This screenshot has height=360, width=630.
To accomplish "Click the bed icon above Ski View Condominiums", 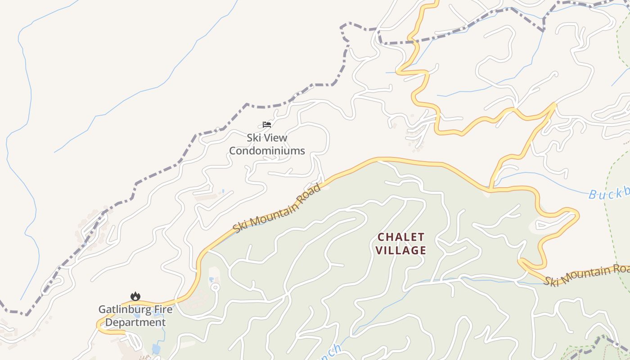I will pos(267,124).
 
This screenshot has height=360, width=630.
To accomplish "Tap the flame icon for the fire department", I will pos(135,296).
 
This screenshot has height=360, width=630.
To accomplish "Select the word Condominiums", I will pos(267,151).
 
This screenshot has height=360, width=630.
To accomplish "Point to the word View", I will pos(276,138).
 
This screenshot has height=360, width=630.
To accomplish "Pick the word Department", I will pos(135,323).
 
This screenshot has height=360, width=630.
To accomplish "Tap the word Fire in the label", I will pos(162,310).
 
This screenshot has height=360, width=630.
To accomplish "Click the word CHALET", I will pos(400,237).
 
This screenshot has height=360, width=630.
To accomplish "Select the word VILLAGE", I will pos(400,250).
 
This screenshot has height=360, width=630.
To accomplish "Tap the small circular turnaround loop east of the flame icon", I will pos(215,287).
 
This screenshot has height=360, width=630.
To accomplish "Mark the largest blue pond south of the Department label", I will pos(156,349).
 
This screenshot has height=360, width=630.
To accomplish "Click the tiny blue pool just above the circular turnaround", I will pos(211,280).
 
